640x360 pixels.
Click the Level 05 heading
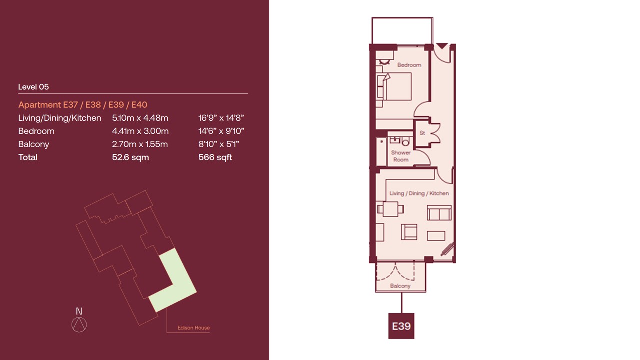click(x=33, y=87)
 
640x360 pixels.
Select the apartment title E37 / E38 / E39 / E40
click(x=83, y=105)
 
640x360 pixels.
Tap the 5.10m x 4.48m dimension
click(x=140, y=118)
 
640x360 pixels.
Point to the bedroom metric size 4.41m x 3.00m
click(x=140, y=131)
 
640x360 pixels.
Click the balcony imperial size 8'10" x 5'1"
click(x=219, y=144)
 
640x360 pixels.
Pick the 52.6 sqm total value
click(x=130, y=157)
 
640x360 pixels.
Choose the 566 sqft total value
click(x=215, y=157)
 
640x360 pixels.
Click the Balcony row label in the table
click(x=34, y=144)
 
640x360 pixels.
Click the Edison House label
click(x=193, y=328)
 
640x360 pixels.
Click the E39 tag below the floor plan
click(x=401, y=326)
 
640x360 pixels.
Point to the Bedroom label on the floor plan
click(x=409, y=65)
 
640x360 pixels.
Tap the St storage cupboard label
click(x=422, y=133)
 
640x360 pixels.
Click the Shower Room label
click(x=401, y=156)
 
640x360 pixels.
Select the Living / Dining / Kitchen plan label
click(x=419, y=193)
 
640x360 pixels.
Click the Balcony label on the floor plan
click(x=400, y=286)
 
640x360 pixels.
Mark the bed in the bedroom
click(x=394, y=86)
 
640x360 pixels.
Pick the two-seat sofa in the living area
click(x=439, y=213)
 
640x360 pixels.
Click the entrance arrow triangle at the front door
click(x=442, y=46)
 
